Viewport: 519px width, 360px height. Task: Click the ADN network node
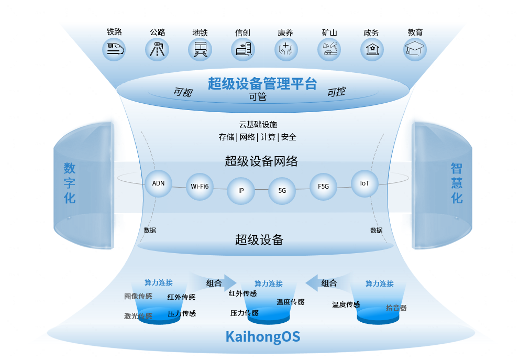pyautogui.click(x=158, y=183)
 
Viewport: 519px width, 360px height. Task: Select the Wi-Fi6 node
pyautogui.click(x=200, y=187)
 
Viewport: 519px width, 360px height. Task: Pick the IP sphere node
pyautogui.click(x=241, y=191)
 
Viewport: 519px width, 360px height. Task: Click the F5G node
pyautogui.click(x=323, y=187)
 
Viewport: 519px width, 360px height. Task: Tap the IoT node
pyautogui.click(x=365, y=183)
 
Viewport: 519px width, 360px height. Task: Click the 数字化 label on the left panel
pyautogui.click(x=70, y=183)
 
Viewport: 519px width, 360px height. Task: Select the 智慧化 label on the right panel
pyautogui.click(x=457, y=183)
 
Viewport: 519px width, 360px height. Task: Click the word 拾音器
pyautogui.click(x=396, y=308)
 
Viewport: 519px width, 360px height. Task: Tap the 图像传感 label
pyautogui.click(x=138, y=297)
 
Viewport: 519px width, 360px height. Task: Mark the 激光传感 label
pyautogui.click(x=138, y=316)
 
